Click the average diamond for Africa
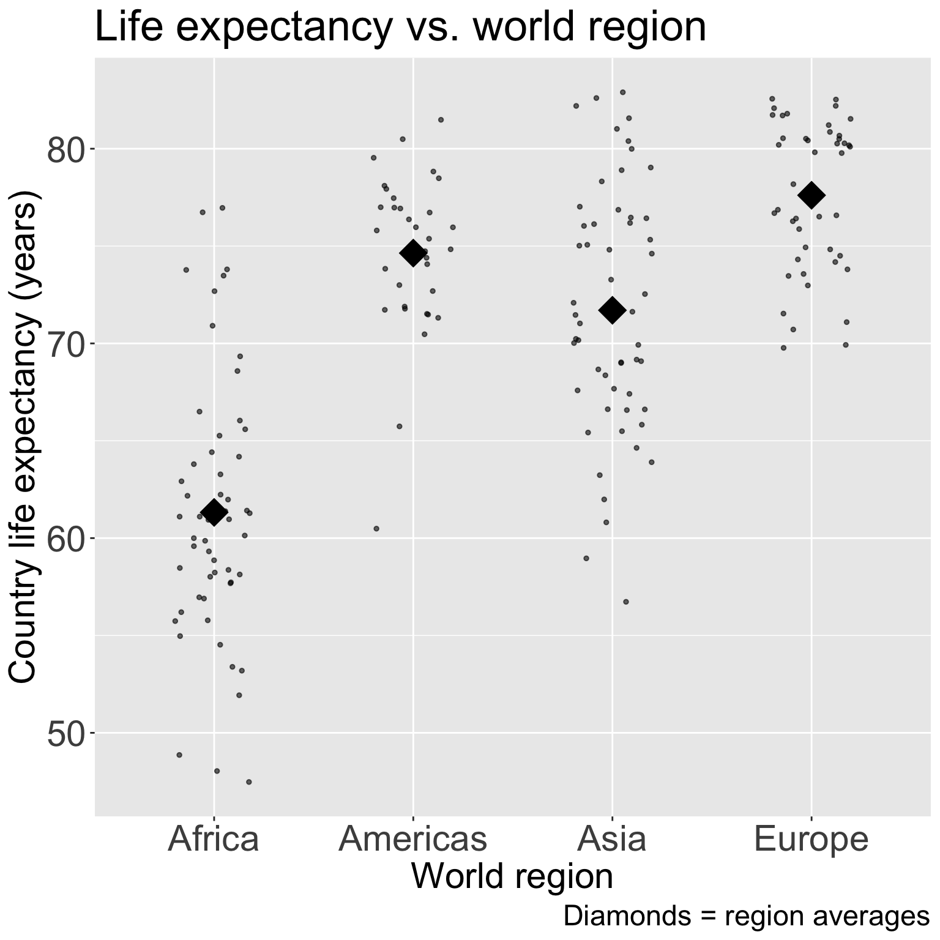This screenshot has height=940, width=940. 214,512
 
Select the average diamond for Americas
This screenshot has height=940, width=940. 412,253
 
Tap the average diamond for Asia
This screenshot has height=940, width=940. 612,310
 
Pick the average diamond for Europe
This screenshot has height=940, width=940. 811,195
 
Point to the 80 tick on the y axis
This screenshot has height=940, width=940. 66,150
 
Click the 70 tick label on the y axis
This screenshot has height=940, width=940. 66,345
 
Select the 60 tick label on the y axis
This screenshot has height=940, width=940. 66,539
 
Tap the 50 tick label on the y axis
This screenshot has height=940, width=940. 66,734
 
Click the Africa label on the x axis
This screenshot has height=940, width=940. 214,839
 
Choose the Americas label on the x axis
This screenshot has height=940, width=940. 412,839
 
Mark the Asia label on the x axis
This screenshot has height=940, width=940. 612,839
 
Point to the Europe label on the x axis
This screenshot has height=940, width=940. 811,839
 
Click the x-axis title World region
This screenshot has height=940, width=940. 512,876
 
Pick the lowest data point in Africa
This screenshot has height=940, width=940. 248,781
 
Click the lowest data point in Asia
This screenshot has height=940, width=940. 625,602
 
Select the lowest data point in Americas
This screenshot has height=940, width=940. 376,528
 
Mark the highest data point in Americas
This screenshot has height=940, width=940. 441,119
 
